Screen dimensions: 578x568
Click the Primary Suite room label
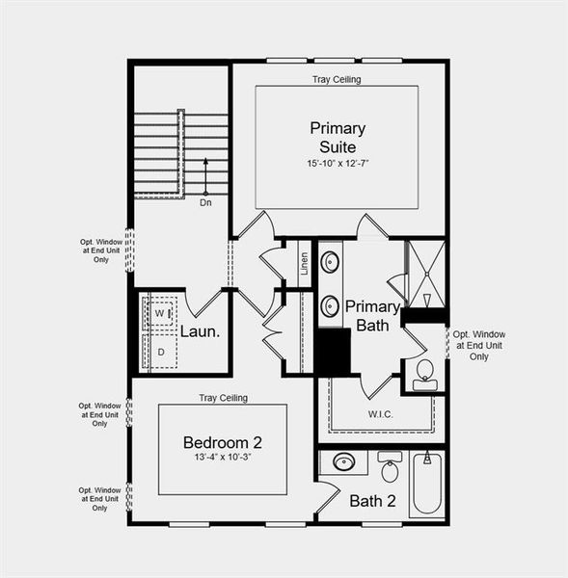click(334, 137)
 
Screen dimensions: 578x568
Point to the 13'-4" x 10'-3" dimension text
click(223, 458)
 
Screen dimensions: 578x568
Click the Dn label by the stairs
click(205, 203)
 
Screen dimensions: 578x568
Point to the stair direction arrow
click(205, 174)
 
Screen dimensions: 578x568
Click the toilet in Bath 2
click(390, 469)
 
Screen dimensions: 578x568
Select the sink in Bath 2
click(343, 462)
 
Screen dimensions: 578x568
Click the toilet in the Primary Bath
click(424, 374)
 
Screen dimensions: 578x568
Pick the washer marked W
click(161, 314)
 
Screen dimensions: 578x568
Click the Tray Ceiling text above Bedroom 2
click(223, 398)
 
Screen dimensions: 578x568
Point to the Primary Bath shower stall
click(424, 274)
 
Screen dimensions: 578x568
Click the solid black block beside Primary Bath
click(334, 353)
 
